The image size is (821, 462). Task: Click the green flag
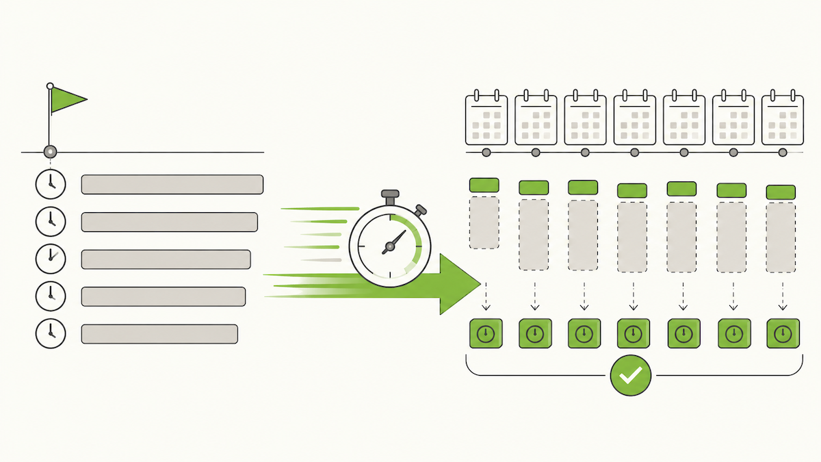(x=67, y=100)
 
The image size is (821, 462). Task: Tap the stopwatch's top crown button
(x=390, y=196)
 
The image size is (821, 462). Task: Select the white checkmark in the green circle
(x=630, y=375)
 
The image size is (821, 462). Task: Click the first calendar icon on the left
(x=486, y=119)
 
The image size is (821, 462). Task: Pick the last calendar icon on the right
(x=782, y=119)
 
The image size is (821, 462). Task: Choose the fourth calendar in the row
(x=634, y=119)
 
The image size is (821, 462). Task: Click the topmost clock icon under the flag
(x=51, y=184)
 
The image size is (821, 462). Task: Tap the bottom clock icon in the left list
(x=51, y=333)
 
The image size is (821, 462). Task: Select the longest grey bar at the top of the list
(x=172, y=185)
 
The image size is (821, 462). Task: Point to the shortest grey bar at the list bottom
(x=159, y=334)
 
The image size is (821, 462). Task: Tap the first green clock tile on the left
(x=486, y=334)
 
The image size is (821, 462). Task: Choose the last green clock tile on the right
(x=782, y=334)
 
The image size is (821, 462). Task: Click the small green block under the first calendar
(x=484, y=185)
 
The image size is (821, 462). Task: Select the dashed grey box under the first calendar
(x=484, y=223)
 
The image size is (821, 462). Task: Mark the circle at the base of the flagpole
(x=51, y=152)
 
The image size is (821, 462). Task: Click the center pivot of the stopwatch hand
(x=389, y=245)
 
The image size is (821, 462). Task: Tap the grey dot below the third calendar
(x=584, y=152)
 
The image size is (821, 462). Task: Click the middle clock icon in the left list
(x=51, y=259)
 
